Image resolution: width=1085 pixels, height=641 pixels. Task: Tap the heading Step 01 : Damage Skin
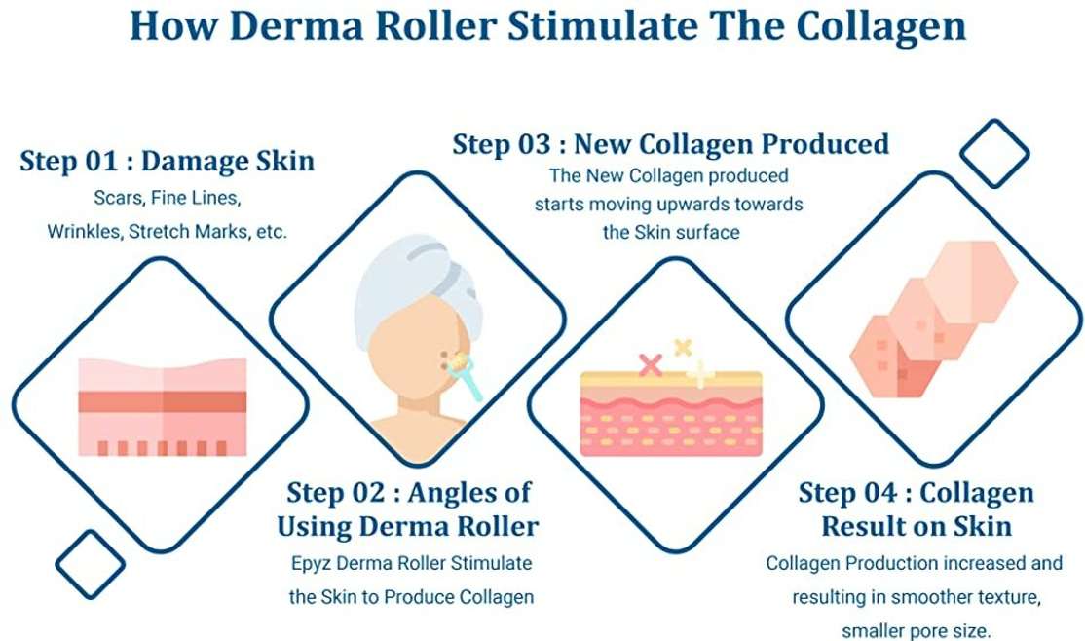[x=167, y=161]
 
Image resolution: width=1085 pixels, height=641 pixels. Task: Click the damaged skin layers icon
[x=163, y=406]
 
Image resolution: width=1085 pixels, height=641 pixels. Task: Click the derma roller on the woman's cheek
[x=465, y=375]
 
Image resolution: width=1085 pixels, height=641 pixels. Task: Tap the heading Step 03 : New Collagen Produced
[x=670, y=144]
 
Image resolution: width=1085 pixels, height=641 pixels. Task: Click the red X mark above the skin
[x=651, y=364]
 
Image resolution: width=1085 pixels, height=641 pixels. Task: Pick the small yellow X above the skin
[x=683, y=347]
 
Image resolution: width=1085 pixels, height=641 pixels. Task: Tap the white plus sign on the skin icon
[x=700, y=374]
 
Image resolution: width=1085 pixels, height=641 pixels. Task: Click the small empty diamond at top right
[x=994, y=153]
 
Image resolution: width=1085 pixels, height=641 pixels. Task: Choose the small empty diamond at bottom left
[x=90, y=565]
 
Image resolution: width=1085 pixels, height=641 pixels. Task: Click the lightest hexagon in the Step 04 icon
[x=971, y=282]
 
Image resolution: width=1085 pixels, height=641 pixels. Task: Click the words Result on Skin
[x=917, y=526]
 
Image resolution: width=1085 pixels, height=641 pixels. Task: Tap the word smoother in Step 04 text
[x=931, y=597]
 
